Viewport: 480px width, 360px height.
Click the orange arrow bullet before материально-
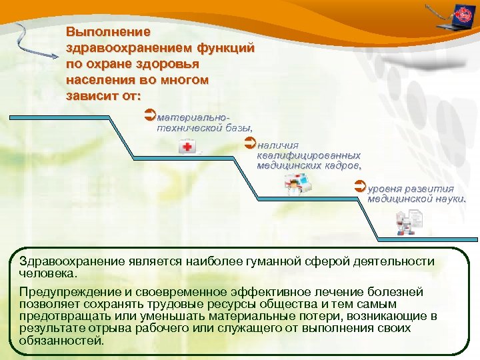pyautogui.click(x=149, y=115)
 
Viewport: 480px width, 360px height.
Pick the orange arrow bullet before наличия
pyautogui.click(x=251, y=143)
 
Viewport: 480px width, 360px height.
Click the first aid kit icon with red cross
pyautogui.click(x=188, y=147)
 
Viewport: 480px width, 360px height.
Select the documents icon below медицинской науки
pyautogui.click(x=407, y=222)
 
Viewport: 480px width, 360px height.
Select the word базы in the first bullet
pyautogui.click(x=237, y=127)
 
